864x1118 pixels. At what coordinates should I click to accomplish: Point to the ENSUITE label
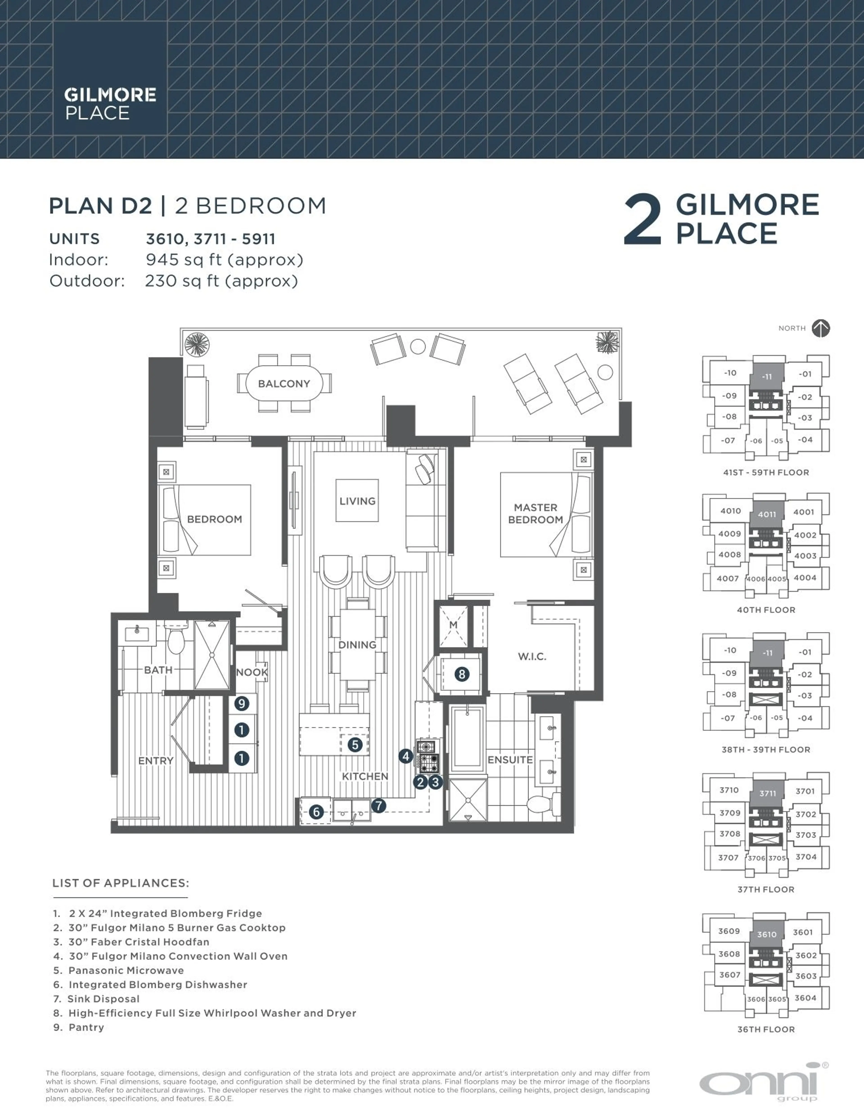coord(510,760)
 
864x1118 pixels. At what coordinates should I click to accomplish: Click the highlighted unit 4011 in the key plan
coord(767,514)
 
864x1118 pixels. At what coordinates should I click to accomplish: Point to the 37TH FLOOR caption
coord(766,889)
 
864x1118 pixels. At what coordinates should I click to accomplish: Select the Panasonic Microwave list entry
coord(126,970)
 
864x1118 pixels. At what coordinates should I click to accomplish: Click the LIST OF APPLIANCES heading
coord(121,883)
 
